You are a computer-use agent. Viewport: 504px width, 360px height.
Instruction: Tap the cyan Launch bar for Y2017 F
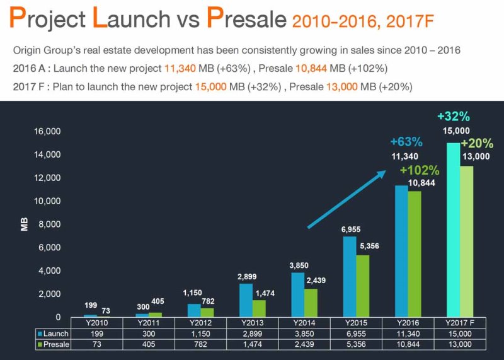click(x=453, y=230)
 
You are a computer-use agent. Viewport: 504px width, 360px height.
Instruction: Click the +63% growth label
click(x=406, y=142)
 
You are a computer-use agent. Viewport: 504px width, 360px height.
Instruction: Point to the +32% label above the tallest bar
click(x=453, y=116)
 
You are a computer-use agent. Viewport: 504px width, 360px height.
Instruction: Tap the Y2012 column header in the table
click(x=200, y=322)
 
